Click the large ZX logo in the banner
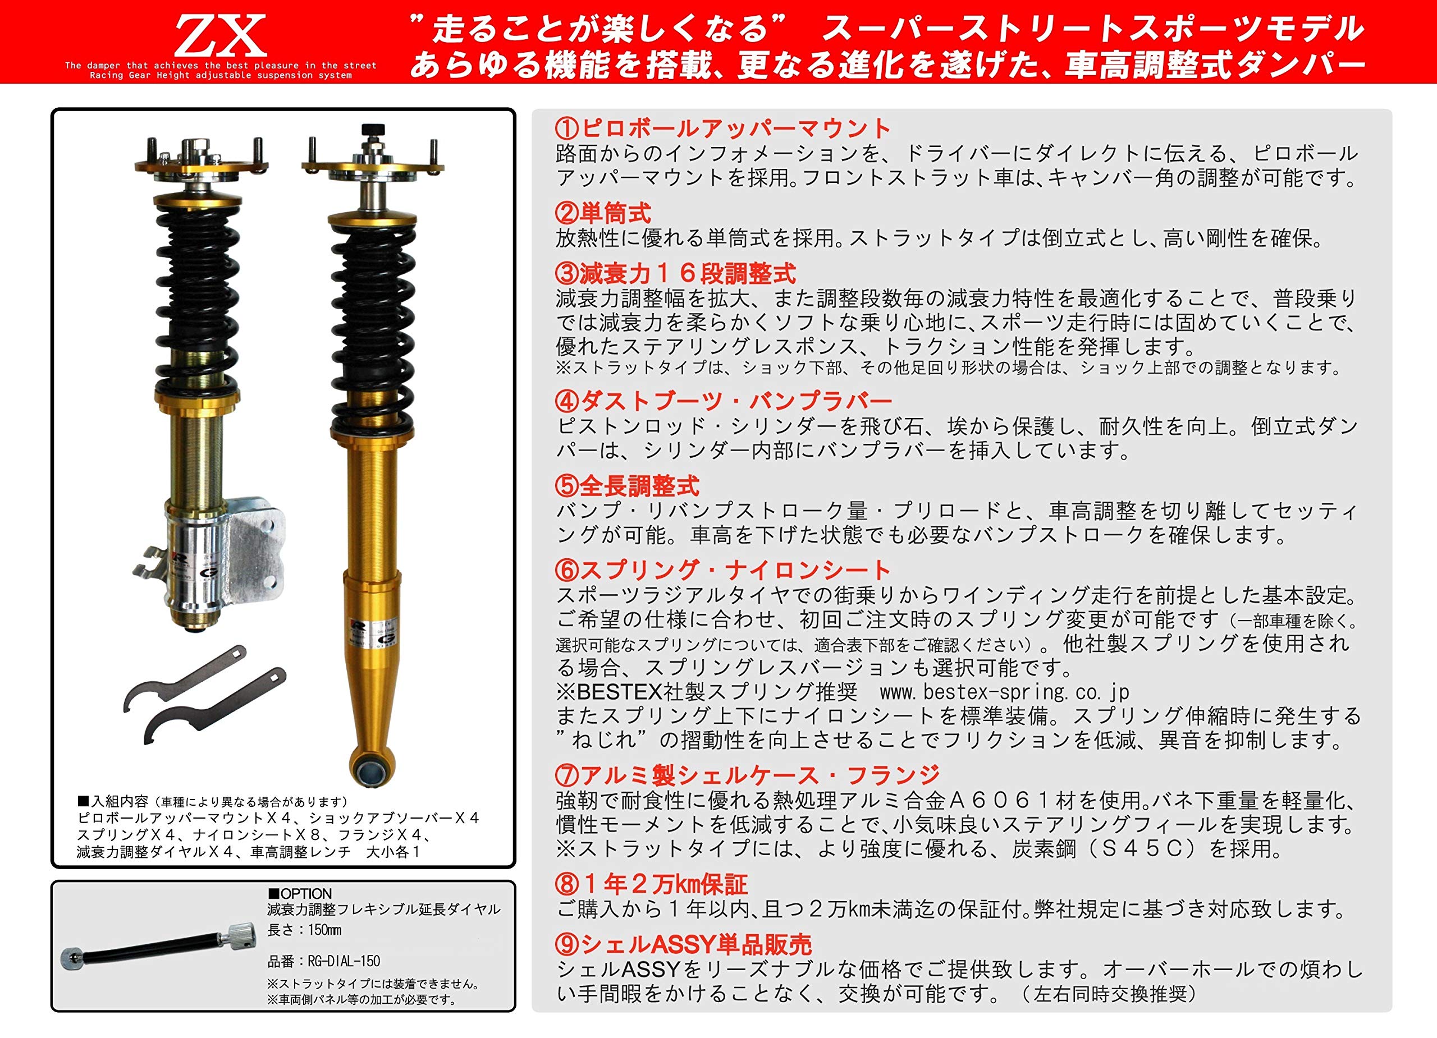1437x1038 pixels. coord(220,36)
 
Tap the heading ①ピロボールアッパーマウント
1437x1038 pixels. coord(723,128)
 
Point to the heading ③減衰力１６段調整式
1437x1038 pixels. coord(675,274)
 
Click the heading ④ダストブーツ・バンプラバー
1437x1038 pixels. coord(723,401)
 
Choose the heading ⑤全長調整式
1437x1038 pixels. coord(626,486)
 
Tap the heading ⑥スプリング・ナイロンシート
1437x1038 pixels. coord(723,570)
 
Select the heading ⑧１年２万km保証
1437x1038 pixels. coord(651,884)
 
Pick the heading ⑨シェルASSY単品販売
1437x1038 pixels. coord(683,945)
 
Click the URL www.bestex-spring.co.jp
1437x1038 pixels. coord(1004,692)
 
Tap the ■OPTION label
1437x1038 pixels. coord(300,894)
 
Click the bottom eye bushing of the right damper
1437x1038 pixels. coord(371,769)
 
